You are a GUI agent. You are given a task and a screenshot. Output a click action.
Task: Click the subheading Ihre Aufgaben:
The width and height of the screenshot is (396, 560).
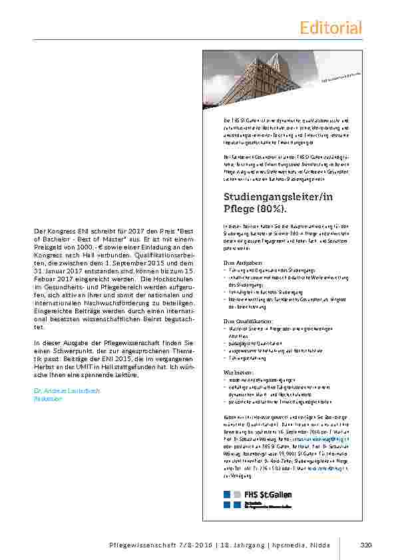[x=238, y=263]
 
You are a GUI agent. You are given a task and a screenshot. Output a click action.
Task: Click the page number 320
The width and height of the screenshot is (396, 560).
[x=365, y=546]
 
